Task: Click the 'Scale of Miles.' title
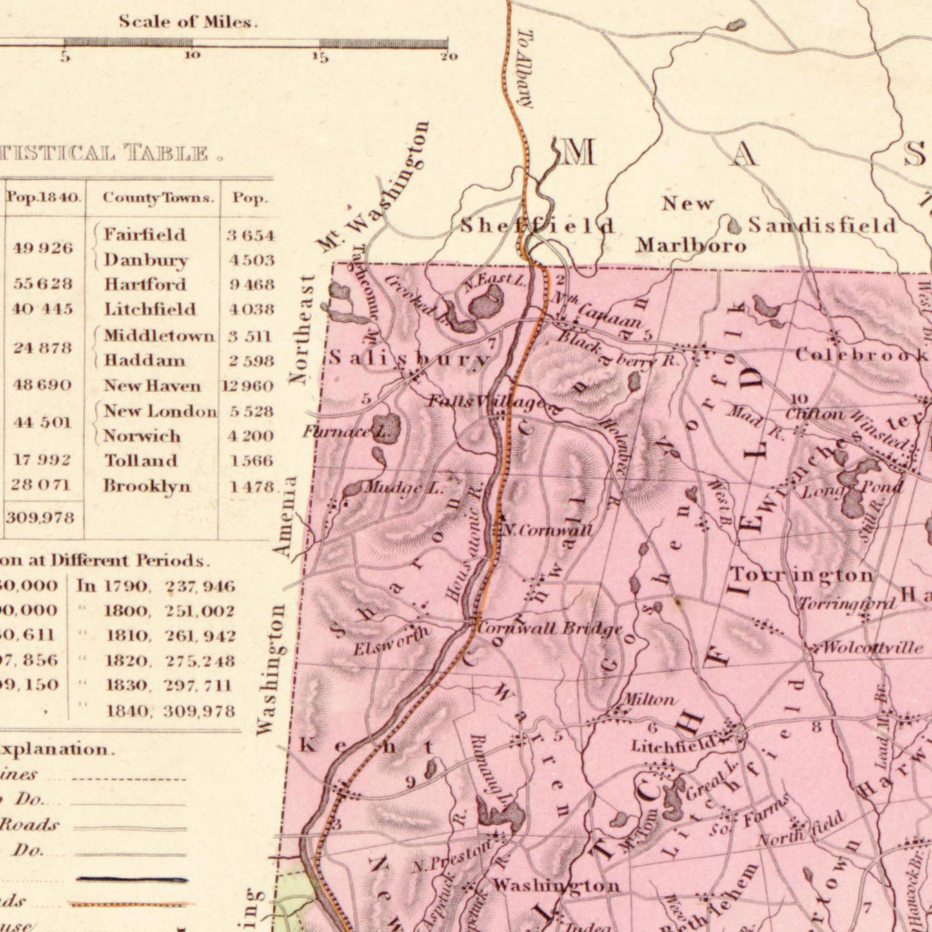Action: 188,22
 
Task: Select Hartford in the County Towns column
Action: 145,284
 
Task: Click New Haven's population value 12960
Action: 248,386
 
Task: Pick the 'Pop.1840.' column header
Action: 44,197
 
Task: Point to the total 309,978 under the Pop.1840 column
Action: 40,517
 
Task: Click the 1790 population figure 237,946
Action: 200,586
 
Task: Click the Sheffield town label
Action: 537,226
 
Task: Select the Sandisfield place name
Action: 822,225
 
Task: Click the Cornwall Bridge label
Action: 550,628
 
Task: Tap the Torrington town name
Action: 801,574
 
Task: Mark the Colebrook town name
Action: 861,355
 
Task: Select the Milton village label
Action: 648,699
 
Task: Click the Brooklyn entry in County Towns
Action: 147,486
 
